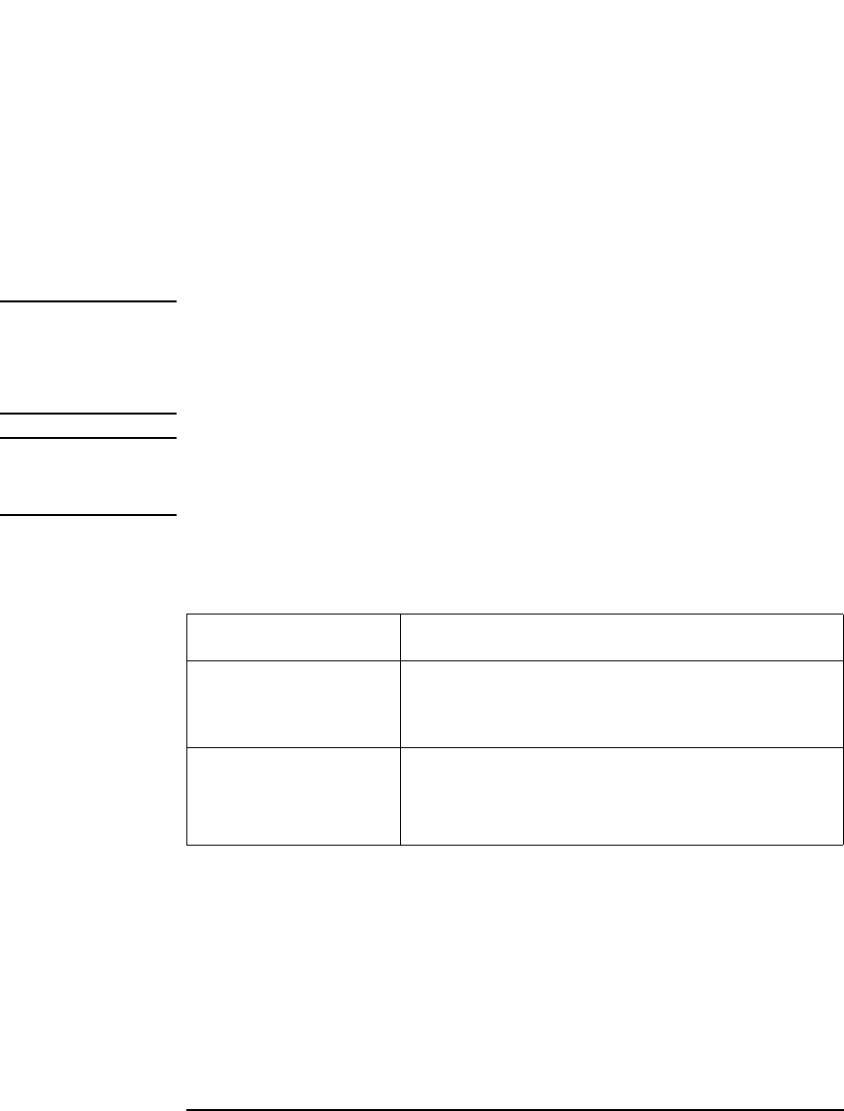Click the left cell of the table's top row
294,637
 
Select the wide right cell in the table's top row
622,637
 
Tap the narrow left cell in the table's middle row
294,703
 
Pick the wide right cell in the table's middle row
622,703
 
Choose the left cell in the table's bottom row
294,795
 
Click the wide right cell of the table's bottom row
622,795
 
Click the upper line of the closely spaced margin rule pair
88,414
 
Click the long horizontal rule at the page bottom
514,1083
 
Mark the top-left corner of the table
187,615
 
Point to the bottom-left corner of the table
187,844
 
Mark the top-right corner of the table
842,615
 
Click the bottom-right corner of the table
842,844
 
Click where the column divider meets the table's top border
400,615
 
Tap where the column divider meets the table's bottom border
400,844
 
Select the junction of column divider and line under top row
400,660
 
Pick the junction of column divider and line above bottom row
400,747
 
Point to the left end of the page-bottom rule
187,1083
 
